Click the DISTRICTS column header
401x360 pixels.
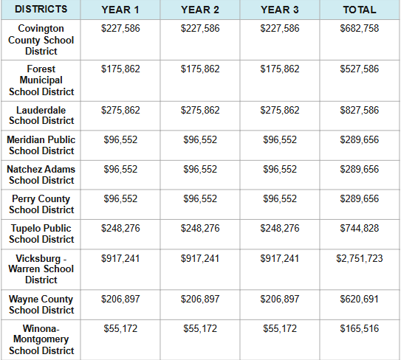pyautogui.click(x=41, y=10)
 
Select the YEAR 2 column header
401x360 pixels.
pyautogui.click(x=200, y=10)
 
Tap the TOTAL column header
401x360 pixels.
pyautogui.click(x=360, y=10)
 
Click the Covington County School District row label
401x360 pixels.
pyautogui.click(x=41, y=40)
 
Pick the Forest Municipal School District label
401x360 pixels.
pyautogui.click(x=41, y=80)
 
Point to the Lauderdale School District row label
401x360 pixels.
pyautogui.click(x=41, y=115)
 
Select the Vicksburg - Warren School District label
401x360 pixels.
pyautogui.click(x=41, y=269)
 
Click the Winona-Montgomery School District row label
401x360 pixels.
pyautogui.click(x=41, y=339)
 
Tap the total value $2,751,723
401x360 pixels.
pyautogui.click(x=360, y=258)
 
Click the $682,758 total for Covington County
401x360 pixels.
pyautogui.click(x=360, y=28)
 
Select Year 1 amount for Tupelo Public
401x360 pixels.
pyautogui.click(x=120, y=229)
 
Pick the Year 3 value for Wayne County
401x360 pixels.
pyautogui.click(x=280, y=299)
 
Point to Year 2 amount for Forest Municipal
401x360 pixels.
pyautogui.click(x=200, y=69)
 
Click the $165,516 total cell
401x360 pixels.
pyautogui.click(x=360, y=328)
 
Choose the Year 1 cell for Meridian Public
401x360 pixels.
pyautogui.click(x=120, y=139)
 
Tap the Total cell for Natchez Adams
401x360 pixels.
pyautogui.click(x=360, y=169)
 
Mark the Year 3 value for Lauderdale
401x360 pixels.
pyautogui.click(x=280, y=109)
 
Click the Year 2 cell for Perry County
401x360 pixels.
pyautogui.click(x=200, y=198)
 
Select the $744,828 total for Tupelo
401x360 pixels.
pyautogui.click(x=360, y=229)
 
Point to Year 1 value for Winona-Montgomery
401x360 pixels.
pyautogui.click(x=120, y=328)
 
